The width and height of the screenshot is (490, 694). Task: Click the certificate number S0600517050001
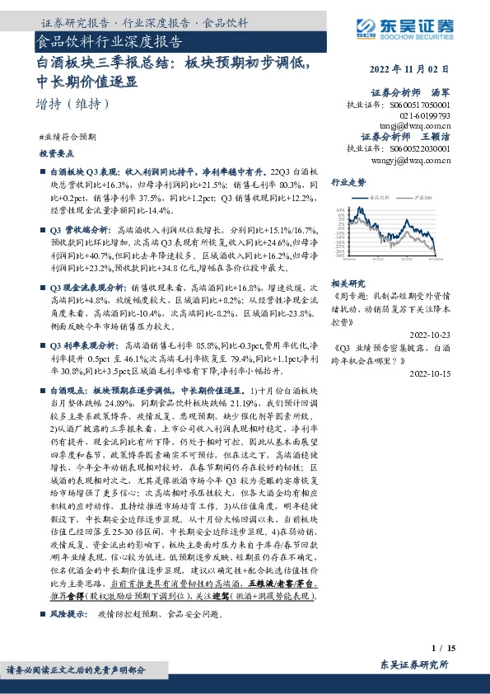coord(420,106)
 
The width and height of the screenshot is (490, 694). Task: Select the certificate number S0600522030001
coord(420,149)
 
